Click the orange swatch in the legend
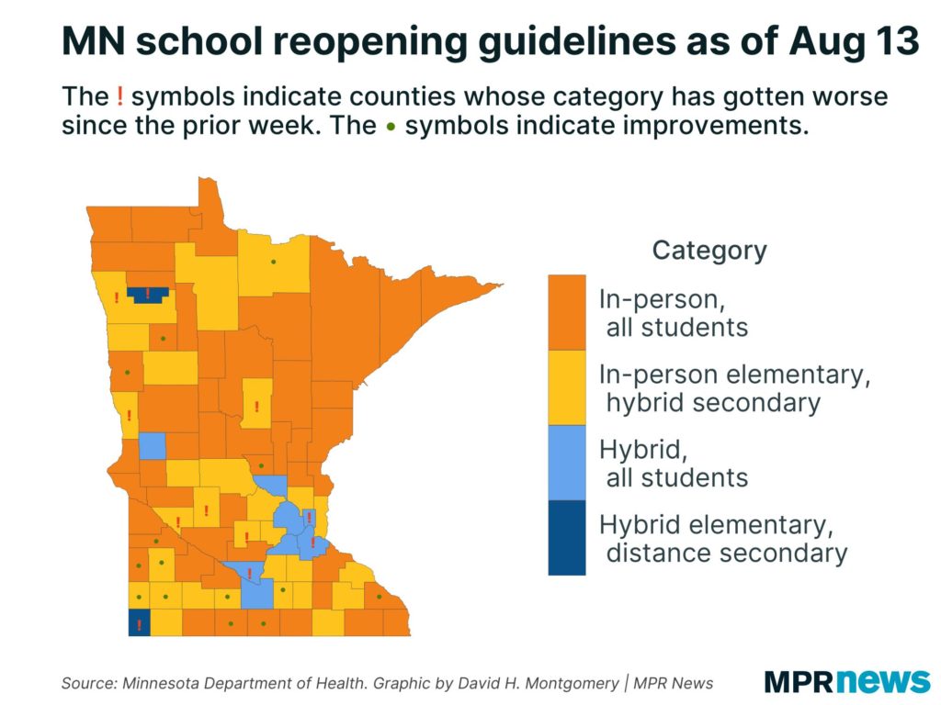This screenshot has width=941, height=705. [x=566, y=312]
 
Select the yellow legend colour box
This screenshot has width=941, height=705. [x=566, y=388]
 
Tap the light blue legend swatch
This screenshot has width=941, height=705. [x=566, y=463]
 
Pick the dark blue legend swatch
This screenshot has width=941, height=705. [x=566, y=538]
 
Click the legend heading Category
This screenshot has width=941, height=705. [x=709, y=251]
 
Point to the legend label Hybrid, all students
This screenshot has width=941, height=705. [x=674, y=464]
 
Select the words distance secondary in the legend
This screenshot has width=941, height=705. [x=726, y=553]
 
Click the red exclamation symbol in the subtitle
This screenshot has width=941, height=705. [x=120, y=95]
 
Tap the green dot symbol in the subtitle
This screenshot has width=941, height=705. [x=391, y=127]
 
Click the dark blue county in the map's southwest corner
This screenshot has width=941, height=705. [x=139, y=622]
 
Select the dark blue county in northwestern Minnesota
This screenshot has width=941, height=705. [x=148, y=295]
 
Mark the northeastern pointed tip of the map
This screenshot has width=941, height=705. [x=503, y=285]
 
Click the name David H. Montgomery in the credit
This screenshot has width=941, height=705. [x=538, y=683]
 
